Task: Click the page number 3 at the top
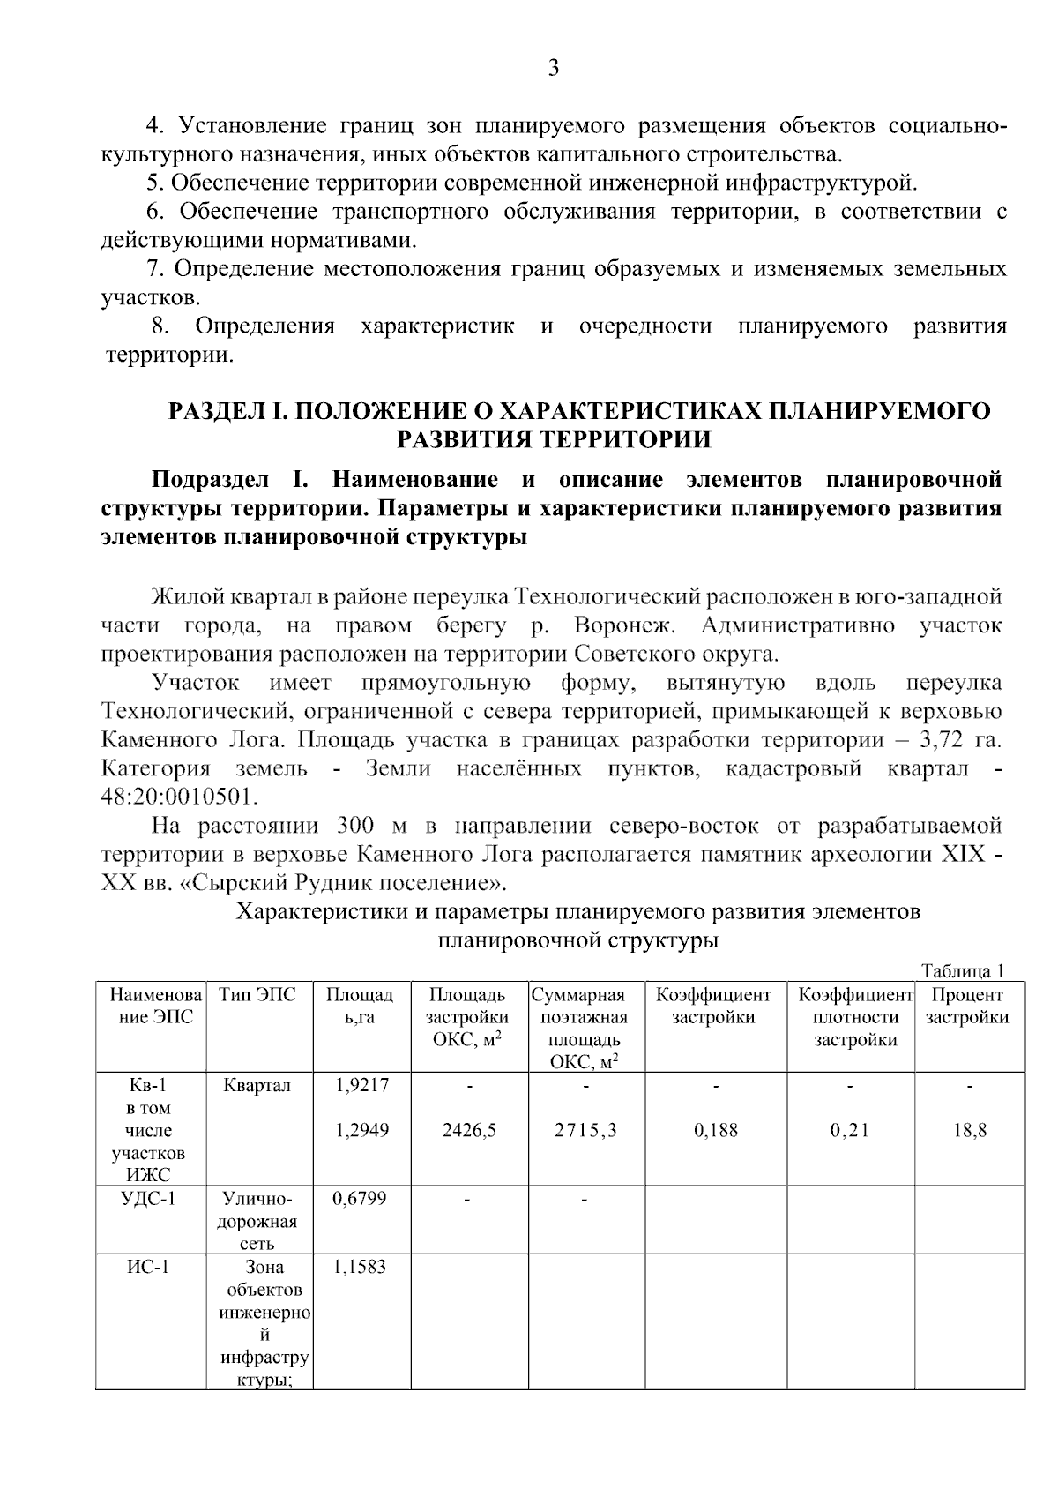click(553, 68)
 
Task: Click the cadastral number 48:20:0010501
click(180, 797)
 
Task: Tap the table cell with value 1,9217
click(361, 1085)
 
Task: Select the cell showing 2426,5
click(469, 1130)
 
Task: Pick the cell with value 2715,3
click(585, 1130)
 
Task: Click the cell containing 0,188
click(716, 1130)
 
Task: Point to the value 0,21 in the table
click(850, 1130)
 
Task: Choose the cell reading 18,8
click(969, 1130)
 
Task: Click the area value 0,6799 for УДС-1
click(360, 1199)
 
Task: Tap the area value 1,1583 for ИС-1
click(360, 1268)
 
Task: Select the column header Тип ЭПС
click(258, 995)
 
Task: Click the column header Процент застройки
click(968, 1006)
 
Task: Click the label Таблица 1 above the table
click(963, 971)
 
